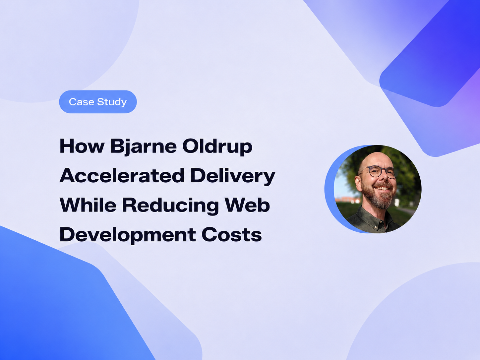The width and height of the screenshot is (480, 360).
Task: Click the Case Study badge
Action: tap(98, 102)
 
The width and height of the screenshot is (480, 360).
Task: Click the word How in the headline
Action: tap(82, 146)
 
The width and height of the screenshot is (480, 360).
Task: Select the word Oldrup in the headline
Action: tap(217, 147)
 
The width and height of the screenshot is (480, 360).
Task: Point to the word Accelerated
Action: tap(122, 175)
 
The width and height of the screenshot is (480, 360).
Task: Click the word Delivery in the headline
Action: tap(233, 176)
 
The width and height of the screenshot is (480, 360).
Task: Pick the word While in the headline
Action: tap(88, 205)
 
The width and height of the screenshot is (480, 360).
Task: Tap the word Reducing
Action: tap(170, 206)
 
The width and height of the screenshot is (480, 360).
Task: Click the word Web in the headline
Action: tap(247, 205)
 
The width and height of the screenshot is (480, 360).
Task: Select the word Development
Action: tap(128, 235)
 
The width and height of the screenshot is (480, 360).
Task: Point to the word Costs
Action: tap(232, 235)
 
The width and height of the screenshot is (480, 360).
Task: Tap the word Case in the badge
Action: tap(82, 102)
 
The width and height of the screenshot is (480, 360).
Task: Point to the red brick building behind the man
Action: tap(347, 200)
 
